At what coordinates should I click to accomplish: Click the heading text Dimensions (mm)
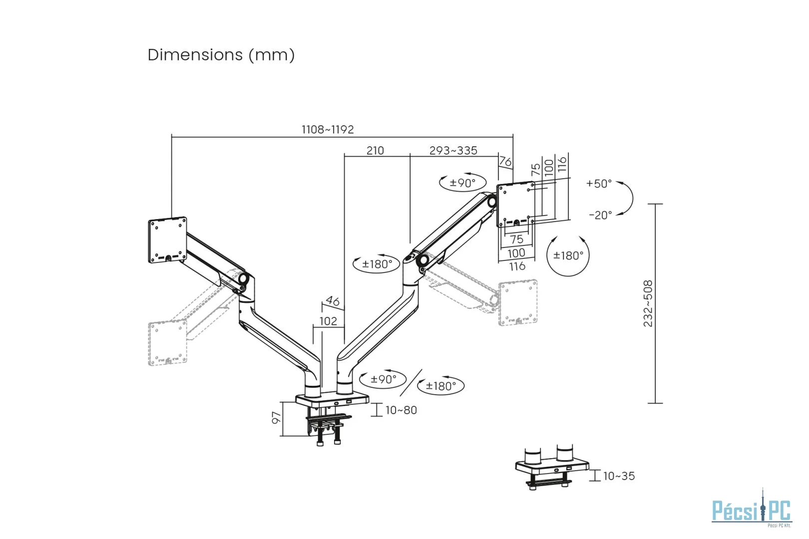221,54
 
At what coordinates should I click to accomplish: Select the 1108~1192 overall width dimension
328,129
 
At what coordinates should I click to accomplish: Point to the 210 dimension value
375,150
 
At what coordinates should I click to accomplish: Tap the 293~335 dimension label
453,150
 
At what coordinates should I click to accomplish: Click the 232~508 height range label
648,303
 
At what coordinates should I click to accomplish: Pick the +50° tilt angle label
599,184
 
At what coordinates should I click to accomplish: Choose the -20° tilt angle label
600,215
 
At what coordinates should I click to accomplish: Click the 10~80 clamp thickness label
401,410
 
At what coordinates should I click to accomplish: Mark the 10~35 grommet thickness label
619,476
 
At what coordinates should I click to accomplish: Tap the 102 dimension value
328,321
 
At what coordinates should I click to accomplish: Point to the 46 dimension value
333,301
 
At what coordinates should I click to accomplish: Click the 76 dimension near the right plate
505,162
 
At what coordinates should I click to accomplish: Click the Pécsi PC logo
752,511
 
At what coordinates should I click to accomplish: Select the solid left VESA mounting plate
168,241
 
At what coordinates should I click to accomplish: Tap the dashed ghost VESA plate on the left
167,343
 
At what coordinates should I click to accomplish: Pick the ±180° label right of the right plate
568,256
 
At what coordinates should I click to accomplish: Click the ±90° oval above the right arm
462,183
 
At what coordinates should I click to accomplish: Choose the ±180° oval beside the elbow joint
377,264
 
